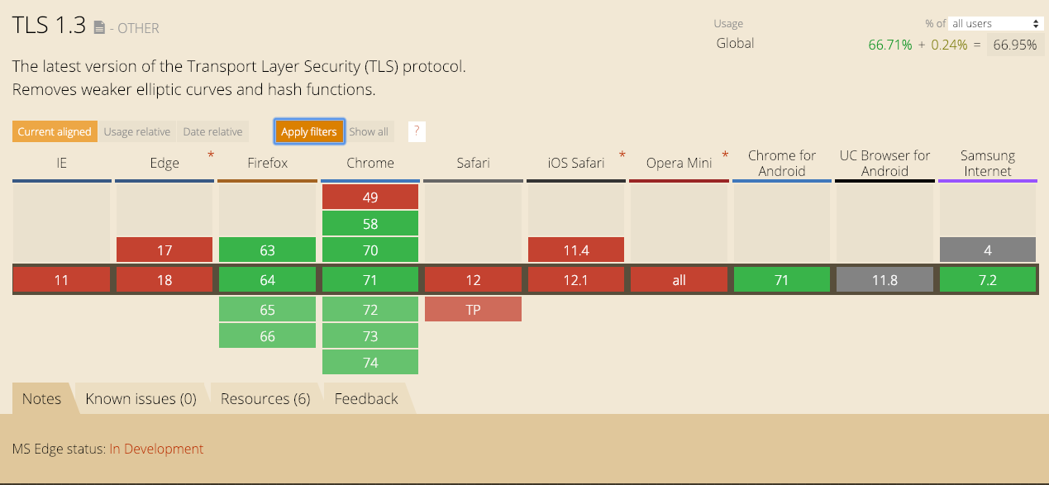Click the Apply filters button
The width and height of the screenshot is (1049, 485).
309,131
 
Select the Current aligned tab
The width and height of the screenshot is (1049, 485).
55,131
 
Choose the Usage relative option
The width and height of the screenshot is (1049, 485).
136,131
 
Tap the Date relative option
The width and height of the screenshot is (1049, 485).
212,131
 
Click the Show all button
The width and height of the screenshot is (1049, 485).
369,131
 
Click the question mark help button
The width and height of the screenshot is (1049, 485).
417,131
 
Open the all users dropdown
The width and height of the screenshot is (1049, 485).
995,23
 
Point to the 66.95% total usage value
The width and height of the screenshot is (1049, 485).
1015,45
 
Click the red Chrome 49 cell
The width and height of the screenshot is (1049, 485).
370,197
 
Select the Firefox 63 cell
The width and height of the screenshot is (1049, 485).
267,250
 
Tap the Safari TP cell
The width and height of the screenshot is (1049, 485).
473,310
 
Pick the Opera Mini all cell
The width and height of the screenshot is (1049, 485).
679,280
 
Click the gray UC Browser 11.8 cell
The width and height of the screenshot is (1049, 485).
884,280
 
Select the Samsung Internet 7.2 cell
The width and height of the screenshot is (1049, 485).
988,280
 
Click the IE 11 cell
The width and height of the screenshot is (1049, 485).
61,280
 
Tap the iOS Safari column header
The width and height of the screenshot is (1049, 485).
576,163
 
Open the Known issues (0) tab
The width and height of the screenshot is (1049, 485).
141,399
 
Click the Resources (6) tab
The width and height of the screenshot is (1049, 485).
265,399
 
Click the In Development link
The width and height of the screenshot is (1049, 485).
156,449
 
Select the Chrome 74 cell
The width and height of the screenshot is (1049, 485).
370,363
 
